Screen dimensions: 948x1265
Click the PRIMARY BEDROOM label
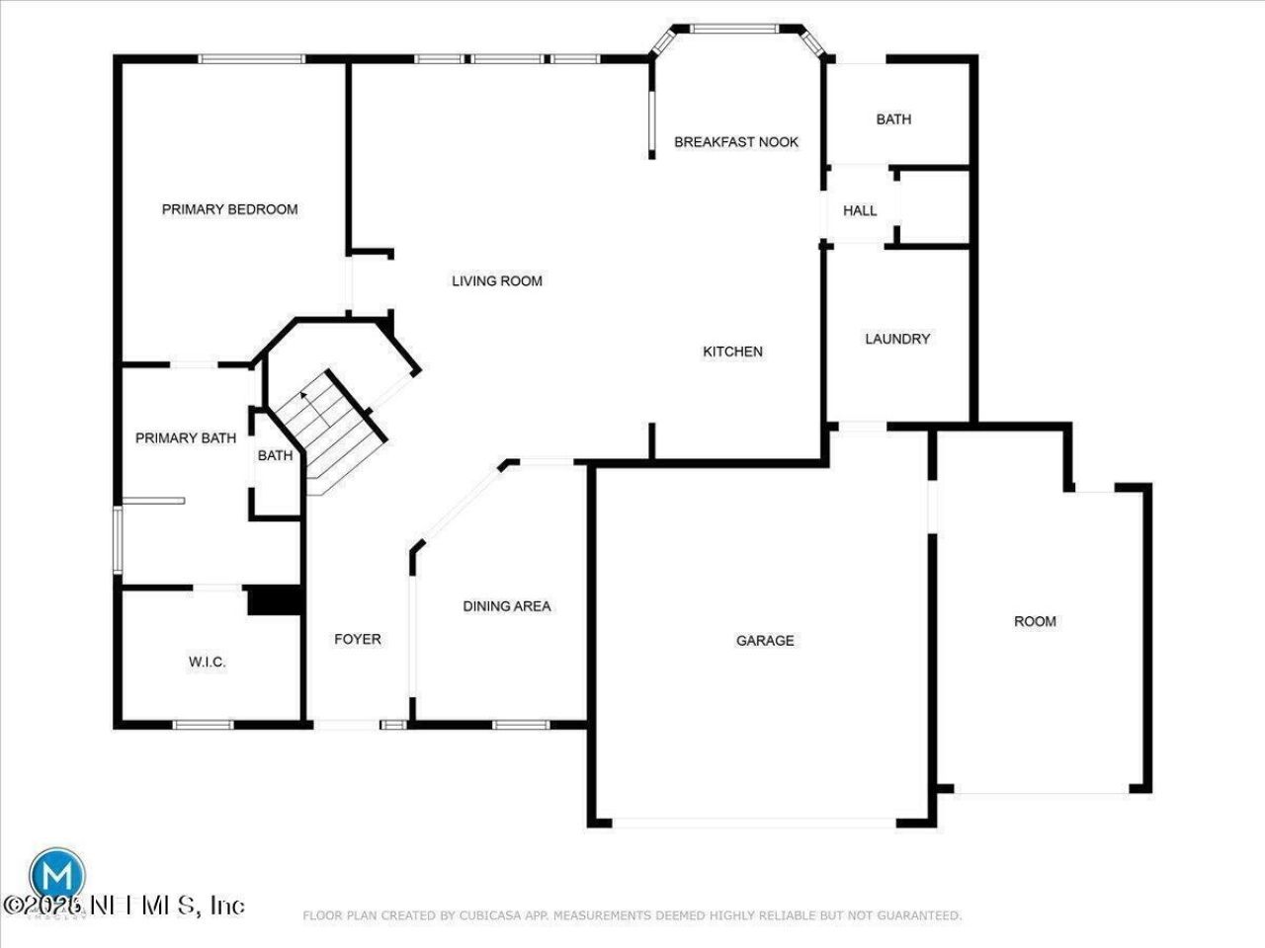pyautogui.click(x=229, y=209)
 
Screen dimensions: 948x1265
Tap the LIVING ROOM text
pyautogui.click(x=497, y=281)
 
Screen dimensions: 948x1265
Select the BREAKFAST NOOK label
pyautogui.click(x=736, y=142)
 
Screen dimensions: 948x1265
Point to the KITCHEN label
pyautogui.click(x=732, y=352)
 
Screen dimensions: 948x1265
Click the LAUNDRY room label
pyautogui.click(x=897, y=339)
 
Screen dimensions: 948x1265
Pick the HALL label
pyautogui.click(x=860, y=210)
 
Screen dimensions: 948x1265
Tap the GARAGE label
pyautogui.click(x=765, y=641)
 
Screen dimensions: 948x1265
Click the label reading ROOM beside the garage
pyautogui.click(x=1035, y=621)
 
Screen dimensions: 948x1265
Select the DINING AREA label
pyautogui.click(x=507, y=606)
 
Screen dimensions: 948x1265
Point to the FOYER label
pyautogui.click(x=358, y=640)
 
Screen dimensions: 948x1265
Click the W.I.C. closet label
pyautogui.click(x=208, y=663)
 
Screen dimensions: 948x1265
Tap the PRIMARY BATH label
pyautogui.click(x=186, y=437)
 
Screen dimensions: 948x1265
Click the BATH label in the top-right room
pyautogui.click(x=893, y=119)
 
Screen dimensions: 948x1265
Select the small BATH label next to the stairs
pyautogui.click(x=275, y=455)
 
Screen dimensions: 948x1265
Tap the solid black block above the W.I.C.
pyautogui.click(x=273, y=601)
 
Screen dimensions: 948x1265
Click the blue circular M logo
pyautogui.click(x=56, y=875)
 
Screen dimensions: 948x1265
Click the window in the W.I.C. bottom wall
pyautogui.click(x=203, y=725)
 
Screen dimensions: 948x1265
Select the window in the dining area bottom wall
pyautogui.click(x=521, y=725)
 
